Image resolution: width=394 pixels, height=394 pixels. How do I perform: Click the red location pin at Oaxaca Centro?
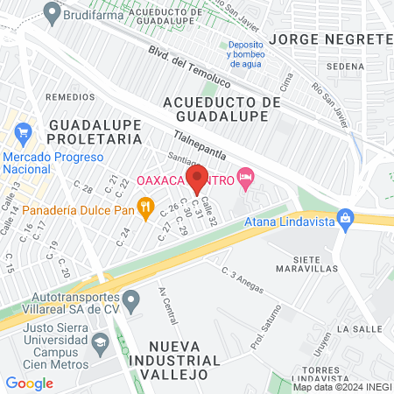pyautogui.click(x=197, y=179)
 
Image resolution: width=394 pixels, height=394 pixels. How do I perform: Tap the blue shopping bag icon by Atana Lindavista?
pyautogui.click(x=345, y=216)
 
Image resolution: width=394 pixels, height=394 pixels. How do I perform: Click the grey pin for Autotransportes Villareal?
pyautogui.click(x=131, y=303)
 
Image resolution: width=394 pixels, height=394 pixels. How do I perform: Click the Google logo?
pyautogui.click(x=30, y=383)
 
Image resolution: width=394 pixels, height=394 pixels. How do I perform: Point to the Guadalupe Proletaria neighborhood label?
pyautogui.click(x=94, y=132)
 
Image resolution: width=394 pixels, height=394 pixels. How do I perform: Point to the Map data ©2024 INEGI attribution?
pyautogui.click(x=341, y=386)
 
